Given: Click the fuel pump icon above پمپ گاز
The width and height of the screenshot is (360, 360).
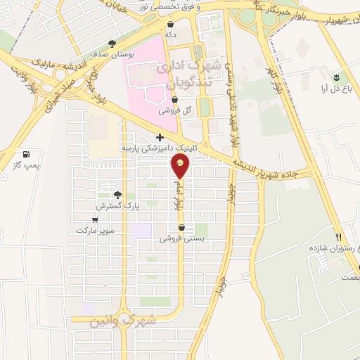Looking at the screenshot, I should point(26,154).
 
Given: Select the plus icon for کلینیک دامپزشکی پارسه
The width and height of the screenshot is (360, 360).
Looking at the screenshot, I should point(160,137).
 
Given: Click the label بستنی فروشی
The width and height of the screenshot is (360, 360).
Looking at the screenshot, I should point(182,238).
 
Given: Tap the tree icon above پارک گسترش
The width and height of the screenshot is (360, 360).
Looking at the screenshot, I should point(117,195).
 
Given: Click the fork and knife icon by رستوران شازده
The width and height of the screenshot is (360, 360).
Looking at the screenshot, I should point(339,238).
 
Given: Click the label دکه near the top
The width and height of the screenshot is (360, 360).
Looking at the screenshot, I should point(169,34).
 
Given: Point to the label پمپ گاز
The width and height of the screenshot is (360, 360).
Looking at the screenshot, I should point(25,166).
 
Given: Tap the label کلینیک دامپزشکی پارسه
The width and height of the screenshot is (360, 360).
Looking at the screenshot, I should point(150,148).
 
